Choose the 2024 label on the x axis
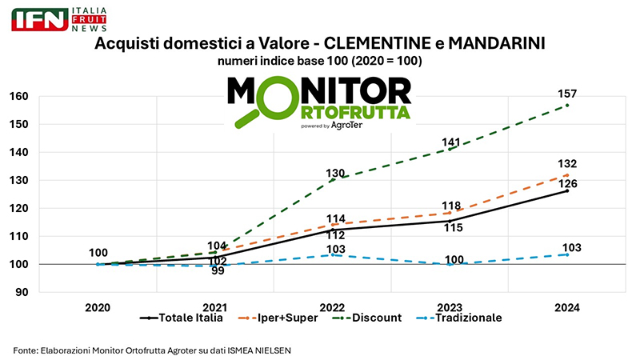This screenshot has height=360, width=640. click(566, 307)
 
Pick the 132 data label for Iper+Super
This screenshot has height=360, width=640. click(567, 164)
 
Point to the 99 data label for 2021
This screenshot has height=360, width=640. click(217, 271)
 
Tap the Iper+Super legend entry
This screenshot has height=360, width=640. click(278, 318)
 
